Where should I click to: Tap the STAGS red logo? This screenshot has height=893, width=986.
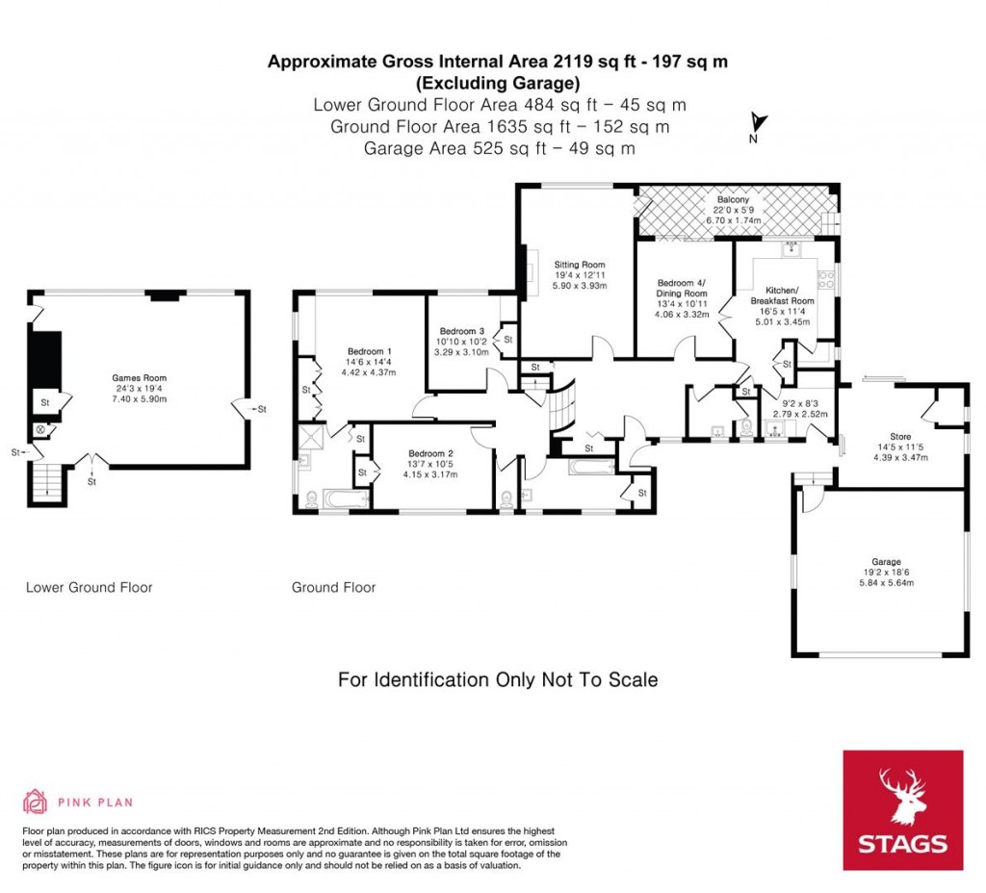902,810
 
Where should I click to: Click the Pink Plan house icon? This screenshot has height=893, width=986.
35,801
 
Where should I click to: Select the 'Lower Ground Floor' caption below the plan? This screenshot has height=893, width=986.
89,587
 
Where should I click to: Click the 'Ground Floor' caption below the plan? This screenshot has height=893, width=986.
333,587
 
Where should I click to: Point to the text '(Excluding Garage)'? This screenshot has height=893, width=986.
497,82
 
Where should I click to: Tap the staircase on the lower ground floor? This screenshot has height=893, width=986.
43,482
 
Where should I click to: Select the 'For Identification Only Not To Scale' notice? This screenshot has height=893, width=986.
497,680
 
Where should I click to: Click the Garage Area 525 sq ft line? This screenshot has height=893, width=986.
497,148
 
